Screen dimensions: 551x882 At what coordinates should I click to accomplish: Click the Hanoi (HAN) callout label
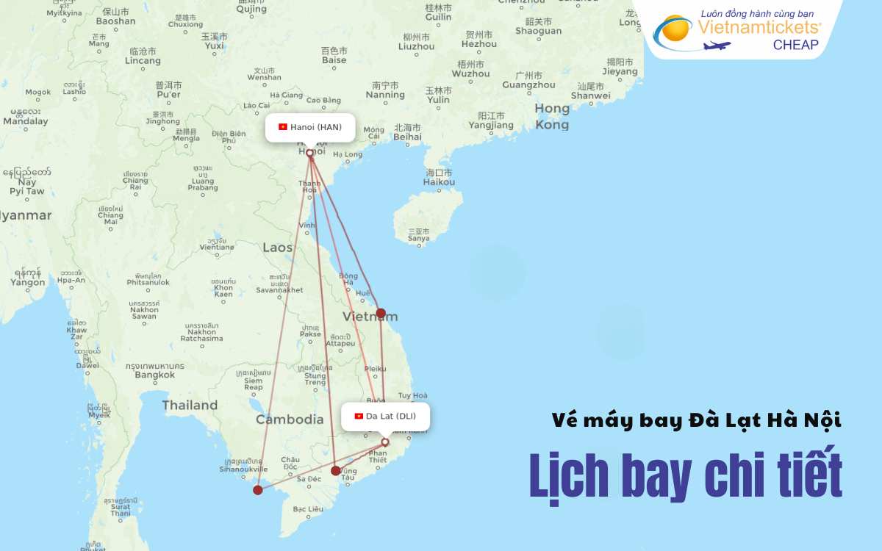pos(310,127)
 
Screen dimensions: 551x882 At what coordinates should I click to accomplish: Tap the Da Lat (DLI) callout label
pos(386,416)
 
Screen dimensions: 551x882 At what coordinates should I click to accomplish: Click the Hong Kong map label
pos(552,117)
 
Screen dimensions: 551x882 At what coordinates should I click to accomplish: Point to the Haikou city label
pos(440,181)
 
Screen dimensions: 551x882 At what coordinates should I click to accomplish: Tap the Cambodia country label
pos(290,419)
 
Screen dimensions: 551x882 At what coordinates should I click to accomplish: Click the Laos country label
pos(278,248)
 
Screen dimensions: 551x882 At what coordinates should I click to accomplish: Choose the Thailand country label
pos(190,405)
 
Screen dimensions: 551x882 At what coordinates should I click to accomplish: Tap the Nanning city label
pos(385,95)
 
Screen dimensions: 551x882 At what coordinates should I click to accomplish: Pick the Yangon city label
pos(28,282)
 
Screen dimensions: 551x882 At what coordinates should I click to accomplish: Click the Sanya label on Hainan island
pos(418,238)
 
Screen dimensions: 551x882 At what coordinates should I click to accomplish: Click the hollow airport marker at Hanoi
pos(309,154)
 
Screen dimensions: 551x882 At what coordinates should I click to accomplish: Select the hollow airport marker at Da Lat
pos(384,442)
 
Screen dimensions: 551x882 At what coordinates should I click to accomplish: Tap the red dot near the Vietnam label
pos(381,313)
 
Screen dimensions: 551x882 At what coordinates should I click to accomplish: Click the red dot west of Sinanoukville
pos(258,490)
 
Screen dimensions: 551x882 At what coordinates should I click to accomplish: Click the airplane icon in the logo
pos(717,46)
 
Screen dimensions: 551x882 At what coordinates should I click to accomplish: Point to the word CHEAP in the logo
pos(795,45)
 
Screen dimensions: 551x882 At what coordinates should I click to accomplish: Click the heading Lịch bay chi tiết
pos(686,477)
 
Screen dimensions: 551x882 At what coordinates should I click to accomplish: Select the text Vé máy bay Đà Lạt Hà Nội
pos(697,421)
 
